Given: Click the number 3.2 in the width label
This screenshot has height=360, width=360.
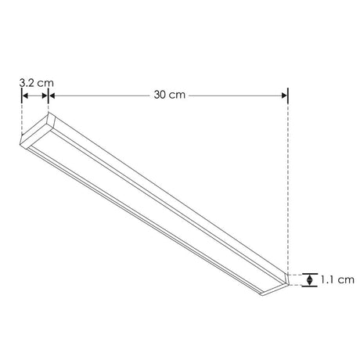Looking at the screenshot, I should click(25, 81).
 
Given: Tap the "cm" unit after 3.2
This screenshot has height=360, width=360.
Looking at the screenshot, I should click(45, 81).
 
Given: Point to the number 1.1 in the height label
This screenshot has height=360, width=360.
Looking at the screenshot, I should click(328, 279).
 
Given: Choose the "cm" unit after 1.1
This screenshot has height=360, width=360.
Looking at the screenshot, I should click(346, 279).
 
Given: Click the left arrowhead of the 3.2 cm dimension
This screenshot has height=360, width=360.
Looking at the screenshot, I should click(24, 95).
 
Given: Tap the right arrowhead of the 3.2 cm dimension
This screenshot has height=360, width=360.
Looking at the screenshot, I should click(45, 95).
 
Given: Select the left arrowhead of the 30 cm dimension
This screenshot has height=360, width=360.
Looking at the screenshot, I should click(53, 95).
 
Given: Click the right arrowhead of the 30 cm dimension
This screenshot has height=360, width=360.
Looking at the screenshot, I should click(284, 95).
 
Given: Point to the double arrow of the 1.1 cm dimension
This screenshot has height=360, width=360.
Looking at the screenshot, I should click(311, 279).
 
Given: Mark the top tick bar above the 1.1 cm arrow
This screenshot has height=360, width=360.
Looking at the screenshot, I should click(311, 272).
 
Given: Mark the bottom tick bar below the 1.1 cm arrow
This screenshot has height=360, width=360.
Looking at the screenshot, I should click(311, 285).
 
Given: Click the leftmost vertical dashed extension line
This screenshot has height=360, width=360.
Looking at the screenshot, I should click(21, 117).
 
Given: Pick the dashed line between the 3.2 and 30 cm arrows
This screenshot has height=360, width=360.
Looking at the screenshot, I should click(49, 106).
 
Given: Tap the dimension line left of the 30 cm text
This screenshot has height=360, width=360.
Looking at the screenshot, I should click(102, 95).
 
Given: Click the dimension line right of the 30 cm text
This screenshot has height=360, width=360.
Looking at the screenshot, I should click(235, 95).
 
